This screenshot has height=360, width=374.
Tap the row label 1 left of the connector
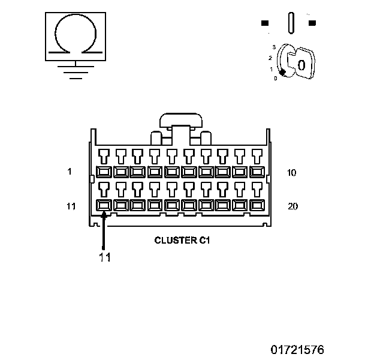pyautogui.click(x=70, y=172)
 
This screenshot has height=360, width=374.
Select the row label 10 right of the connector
pyautogui.click(x=292, y=172)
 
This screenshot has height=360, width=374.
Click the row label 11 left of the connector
pyautogui.click(x=71, y=206)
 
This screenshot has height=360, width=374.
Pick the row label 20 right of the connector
pyautogui.click(x=292, y=206)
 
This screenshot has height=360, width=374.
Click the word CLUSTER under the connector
pyautogui.click(x=173, y=240)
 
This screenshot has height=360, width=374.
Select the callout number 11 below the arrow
pyautogui.click(x=105, y=257)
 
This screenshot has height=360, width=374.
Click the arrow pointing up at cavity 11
pyautogui.click(x=104, y=231)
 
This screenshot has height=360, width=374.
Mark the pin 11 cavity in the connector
pyautogui.click(x=104, y=205)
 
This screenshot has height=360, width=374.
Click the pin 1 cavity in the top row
pyautogui.click(x=104, y=172)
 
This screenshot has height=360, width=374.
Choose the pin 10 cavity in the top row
pyautogui.click(x=258, y=172)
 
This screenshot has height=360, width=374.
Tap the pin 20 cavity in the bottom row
pyautogui.click(x=258, y=205)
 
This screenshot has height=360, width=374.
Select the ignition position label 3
pyautogui.click(x=273, y=46)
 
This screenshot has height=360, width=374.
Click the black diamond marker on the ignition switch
pyautogui.click(x=282, y=72)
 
